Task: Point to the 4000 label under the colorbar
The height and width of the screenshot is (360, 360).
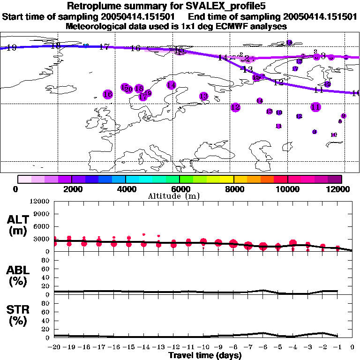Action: coord(126,189)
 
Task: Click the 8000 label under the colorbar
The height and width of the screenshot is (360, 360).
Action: coord(234,189)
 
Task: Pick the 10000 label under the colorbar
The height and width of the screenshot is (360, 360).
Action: coord(288,189)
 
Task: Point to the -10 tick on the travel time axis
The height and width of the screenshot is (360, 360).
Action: coord(203,347)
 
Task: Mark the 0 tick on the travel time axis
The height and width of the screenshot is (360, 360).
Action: coord(352,347)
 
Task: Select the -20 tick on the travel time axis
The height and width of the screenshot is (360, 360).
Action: coord(54,347)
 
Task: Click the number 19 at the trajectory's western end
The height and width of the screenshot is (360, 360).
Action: coord(12,47)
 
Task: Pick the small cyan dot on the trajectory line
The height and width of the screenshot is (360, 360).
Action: coord(86,45)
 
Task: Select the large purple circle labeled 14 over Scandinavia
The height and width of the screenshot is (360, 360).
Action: coord(172,85)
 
